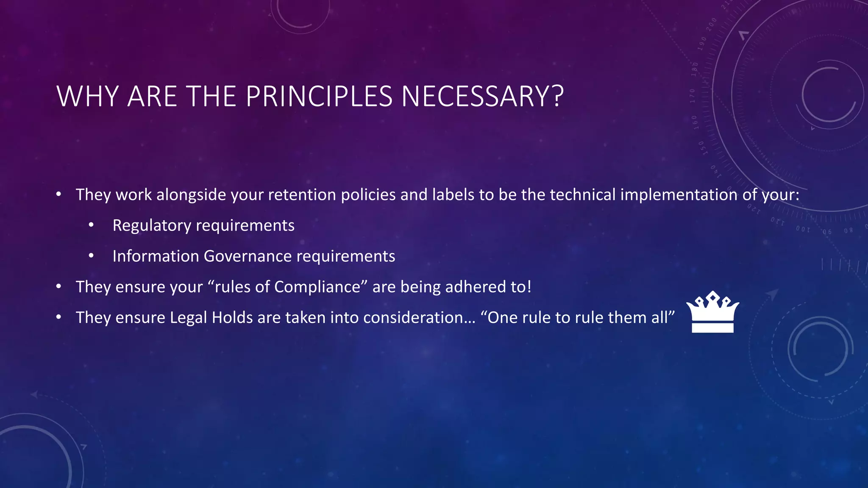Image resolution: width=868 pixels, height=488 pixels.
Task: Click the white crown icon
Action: coord(712,312)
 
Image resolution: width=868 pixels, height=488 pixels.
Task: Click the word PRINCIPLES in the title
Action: coord(320,97)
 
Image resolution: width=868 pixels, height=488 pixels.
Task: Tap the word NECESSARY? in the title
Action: coord(482,97)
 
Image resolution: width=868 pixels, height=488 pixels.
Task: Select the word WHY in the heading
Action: coord(88,97)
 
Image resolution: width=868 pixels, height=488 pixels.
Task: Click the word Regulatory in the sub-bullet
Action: coord(152,225)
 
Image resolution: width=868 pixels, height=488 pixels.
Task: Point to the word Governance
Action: coord(248,256)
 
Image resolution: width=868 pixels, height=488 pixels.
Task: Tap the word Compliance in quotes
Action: coord(317,287)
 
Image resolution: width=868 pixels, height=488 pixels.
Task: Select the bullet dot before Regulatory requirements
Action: coord(91,225)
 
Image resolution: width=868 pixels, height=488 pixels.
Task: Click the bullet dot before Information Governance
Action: coord(91,256)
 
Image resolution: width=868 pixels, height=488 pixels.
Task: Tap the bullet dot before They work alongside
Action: coord(59,194)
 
